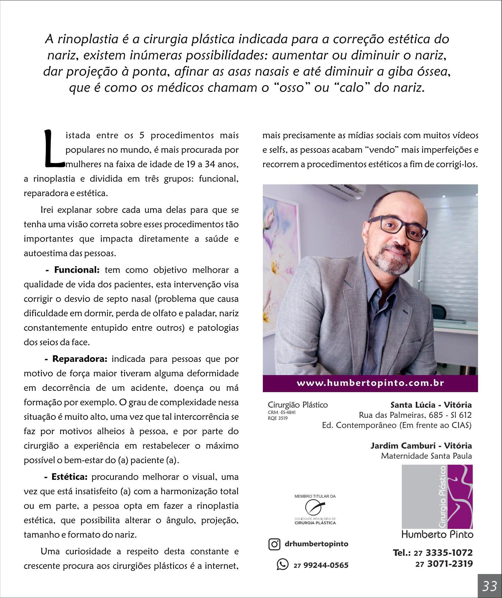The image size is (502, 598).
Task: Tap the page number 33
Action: [489, 585]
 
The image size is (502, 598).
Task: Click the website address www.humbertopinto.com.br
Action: [370, 383]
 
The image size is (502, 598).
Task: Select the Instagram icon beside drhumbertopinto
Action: [274, 544]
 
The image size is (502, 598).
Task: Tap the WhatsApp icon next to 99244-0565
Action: [282, 564]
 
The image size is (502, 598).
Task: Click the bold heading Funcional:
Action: [77, 270]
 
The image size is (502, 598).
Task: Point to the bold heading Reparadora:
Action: [80, 359]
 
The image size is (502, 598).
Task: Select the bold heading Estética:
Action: [70, 477]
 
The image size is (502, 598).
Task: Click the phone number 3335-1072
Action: [449, 552]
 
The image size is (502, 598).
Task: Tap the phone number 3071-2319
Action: [450, 564]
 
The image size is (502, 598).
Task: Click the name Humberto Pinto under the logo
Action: [437, 534]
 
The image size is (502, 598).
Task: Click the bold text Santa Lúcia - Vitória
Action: [431, 405]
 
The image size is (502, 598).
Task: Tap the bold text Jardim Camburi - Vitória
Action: [421, 446]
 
